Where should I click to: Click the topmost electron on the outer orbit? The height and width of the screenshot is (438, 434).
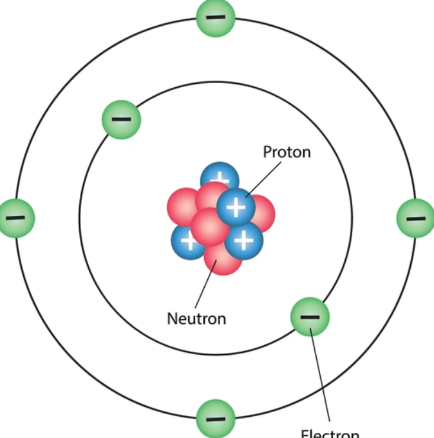pyautogui.click(x=216, y=17)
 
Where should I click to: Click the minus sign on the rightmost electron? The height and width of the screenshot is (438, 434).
pyautogui.click(x=415, y=219)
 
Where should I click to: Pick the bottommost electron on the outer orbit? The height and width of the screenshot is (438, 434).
pyautogui.click(x=216, y=418)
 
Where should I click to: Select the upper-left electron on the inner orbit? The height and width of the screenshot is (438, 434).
pyautogui.click(x=121, y=119)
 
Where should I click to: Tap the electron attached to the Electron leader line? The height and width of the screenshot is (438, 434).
pyautogui.click(x=310, y=317)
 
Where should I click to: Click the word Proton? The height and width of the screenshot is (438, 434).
pyautogui.click(x=287, y=152)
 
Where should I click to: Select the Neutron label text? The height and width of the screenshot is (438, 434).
pyautogui.click(x=196, y=318)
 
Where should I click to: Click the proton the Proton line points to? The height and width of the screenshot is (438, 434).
pyautogui.click(x=236, y=207)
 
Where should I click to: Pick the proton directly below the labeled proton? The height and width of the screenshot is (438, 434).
pyautogui.click(x=243, y=240)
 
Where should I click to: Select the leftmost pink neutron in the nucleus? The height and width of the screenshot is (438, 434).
pyautogui.click(x=181, y=206)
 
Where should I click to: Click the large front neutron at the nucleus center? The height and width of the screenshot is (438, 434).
pyautogui.click(x=210, y=226)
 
